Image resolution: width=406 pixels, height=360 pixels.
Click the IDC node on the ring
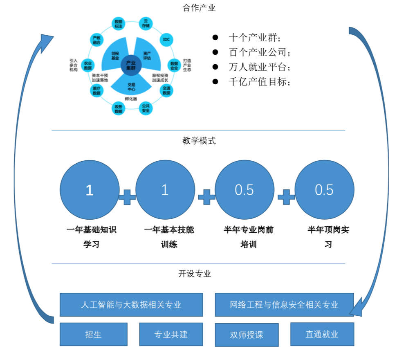pyautogui.click(x=166, y=39)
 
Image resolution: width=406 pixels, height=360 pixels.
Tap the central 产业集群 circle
pyautogui.click(x=131, y=65)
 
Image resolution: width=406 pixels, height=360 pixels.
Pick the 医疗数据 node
pyautogui.click(x=96, y=91)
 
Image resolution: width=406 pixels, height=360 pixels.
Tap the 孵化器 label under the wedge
pyautogui.click(x=131, y=99)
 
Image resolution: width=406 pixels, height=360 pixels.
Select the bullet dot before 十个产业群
pyautogui.click(x=215, y=37)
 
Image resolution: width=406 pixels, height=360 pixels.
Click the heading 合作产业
pyautogui.click(x=199, y=8)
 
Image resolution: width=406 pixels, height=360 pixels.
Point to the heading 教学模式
pyautogui.click(x=199, y=141)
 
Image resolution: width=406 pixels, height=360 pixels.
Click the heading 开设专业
pyautogui.click(x=195, y=274)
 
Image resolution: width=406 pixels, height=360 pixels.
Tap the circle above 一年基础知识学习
pyautogui.click(x=90, y=190)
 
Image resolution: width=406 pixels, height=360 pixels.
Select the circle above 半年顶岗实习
pyautogui.click(x=324, y=190)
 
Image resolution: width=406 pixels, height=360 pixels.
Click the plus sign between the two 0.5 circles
pyautogui.click(x=286, y=197)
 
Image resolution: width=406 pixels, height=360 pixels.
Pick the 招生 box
pyautogui.click(x=94, y=334)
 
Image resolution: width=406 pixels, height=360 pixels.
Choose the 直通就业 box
pyautogui.click(x=322, y=334)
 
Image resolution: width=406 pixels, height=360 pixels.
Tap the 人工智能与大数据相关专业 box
pyautogui.click(x=131, y=305)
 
